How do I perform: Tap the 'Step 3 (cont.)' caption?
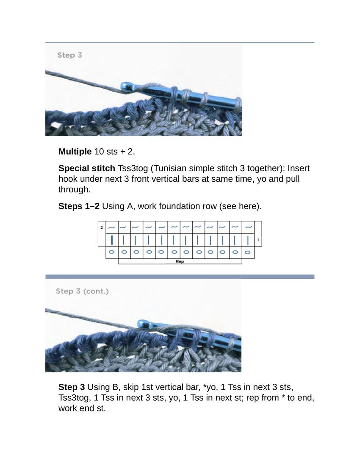[x=82, y=291]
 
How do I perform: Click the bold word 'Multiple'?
[x=75, y=152]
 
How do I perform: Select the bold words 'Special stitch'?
[x=87, y=169]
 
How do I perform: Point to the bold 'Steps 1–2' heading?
[x=79, y=206]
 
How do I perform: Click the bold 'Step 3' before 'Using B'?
[x=72, y=387]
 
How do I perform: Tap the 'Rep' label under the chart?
[x=180, y=262]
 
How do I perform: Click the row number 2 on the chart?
[x=102, y=227]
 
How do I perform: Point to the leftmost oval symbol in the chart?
[x=112, y=252]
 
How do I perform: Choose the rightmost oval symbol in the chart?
[x=248, y=252]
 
